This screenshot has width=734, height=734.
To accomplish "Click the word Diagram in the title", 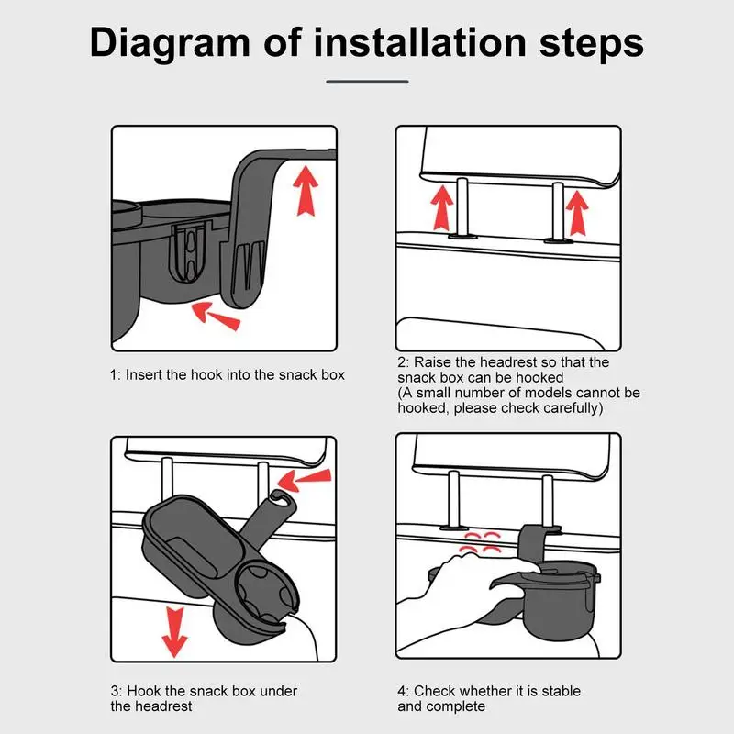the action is [170, 43].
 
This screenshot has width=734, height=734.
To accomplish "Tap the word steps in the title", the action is [592, 43].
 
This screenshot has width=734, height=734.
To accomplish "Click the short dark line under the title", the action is [367, 82].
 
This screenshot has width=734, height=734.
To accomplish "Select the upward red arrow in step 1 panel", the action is [306, 190].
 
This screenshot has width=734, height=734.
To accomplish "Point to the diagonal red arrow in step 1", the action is [217, 316].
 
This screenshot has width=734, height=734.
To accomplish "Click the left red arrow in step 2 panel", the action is [442, 207].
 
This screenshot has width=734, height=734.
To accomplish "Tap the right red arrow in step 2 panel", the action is [578, 213].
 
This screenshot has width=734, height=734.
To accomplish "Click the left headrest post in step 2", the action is [462, 207].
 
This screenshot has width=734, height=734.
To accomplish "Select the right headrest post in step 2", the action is [558, 212].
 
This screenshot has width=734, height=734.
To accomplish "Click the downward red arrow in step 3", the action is [174, 631].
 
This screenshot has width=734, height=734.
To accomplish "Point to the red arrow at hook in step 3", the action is [305, 480].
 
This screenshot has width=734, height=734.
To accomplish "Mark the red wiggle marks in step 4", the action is [480, 542].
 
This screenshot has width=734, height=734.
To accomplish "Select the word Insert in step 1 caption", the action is [144, 375].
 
